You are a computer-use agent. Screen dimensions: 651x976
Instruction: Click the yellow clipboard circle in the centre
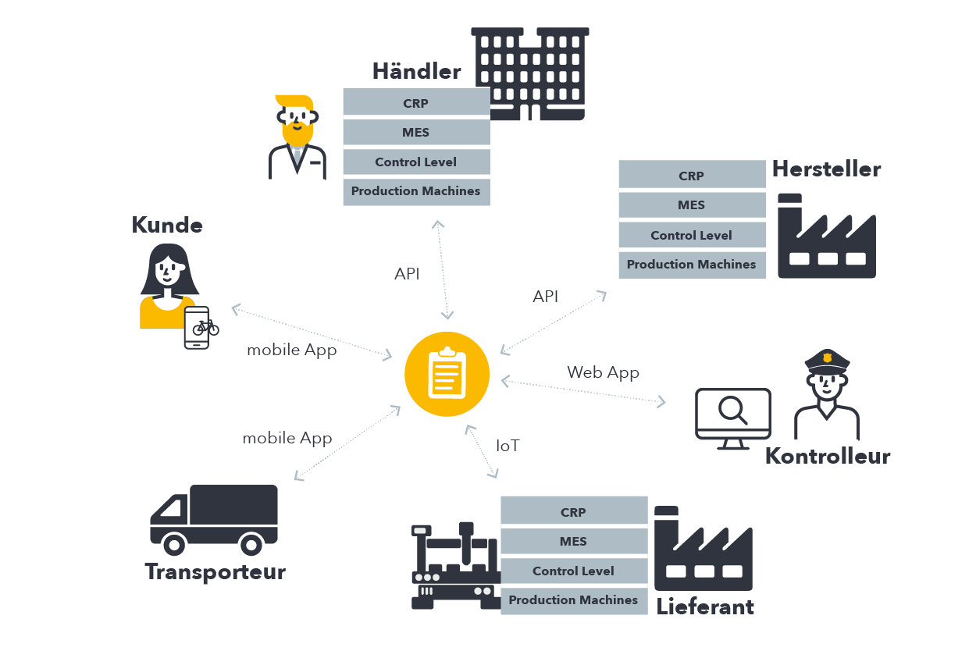coord(447,373)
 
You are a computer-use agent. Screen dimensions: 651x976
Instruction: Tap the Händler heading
coord(416,72)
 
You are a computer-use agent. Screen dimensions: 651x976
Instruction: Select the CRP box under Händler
coord(416,103)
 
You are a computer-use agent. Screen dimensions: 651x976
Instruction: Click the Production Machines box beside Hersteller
coord(691,265)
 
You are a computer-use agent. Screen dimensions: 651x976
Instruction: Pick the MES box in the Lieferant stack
coord(573,542)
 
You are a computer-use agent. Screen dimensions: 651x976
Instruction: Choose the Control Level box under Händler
coord(416,162)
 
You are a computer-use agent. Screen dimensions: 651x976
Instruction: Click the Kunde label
coord(167,226)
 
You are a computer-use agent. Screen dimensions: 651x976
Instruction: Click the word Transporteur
coord(216,572)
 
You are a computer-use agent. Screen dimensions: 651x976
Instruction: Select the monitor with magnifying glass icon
coord(732,418)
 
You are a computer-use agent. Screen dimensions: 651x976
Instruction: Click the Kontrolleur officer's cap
coord(827,360)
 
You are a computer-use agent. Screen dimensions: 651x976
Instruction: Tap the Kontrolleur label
coord(827,457)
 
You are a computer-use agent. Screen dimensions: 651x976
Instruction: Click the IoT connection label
coord(508,446)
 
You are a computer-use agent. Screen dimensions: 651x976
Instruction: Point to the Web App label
coord(603,372)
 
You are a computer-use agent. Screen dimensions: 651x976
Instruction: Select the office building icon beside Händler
coord(530,73)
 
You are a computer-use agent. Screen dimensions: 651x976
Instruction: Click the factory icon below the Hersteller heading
coord(826,237)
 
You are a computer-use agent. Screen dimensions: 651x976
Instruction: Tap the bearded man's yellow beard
coord(297,133)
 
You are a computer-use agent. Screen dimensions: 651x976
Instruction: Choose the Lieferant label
coord(705,607)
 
